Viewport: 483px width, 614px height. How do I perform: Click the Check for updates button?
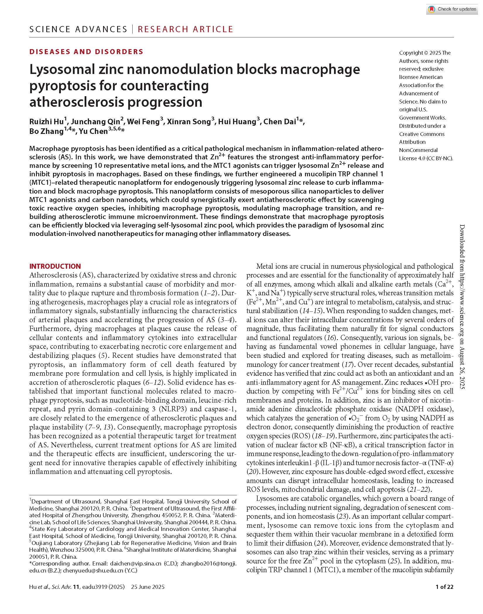pyautogui.click(x=452, y=9)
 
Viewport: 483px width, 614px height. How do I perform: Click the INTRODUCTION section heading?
pyautogui.click(x=55, y=266)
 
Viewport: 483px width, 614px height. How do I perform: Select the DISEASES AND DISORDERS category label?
pyautogui.click(x=86, y=52)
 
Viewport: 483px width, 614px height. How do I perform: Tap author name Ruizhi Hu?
pyautogui.click(x=47, y=122)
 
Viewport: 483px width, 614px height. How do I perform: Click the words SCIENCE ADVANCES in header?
pyautogui.click(x=78, y=29)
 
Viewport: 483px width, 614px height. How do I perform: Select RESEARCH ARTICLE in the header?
pyautogui.click(x=185, y=29)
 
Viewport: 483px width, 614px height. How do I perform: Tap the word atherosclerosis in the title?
pyautogui.click(x=76, y=102)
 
